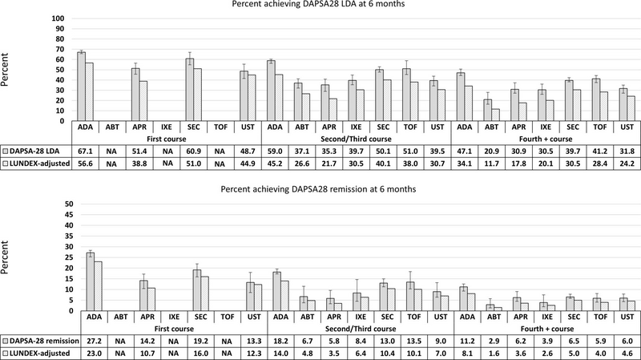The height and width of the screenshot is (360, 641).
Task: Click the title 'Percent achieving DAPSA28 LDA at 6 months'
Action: point(318,4)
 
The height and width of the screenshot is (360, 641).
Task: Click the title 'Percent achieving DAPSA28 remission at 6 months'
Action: point(318,189)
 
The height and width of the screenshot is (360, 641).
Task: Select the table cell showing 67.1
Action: point(85,152)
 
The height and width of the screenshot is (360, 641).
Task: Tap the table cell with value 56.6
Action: point(85,164)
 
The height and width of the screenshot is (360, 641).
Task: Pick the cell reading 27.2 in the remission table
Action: point(94,342)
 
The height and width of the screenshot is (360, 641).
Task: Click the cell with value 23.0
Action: point(94,354)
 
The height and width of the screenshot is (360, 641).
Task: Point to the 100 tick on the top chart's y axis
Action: point(58,18)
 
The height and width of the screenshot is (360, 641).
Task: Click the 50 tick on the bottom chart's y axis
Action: point(69,204)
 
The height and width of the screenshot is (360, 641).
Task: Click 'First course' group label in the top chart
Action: point(167,139)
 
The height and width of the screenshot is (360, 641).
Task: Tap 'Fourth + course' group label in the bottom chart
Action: point(547,329)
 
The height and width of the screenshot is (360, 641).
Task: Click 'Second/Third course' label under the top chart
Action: point(356,139)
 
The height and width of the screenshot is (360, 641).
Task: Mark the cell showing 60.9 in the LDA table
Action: point(193,152)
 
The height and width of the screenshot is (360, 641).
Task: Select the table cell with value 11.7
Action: point(491,164)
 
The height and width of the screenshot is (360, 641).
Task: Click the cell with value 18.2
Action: point(280,342)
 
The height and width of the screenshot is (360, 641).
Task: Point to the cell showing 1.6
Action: point(494,354)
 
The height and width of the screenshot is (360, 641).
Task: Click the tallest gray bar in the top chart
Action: point(82,87)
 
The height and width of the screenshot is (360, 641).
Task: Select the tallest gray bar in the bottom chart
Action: point(91,281)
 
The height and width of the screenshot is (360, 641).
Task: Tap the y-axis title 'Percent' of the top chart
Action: point(5,70)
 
